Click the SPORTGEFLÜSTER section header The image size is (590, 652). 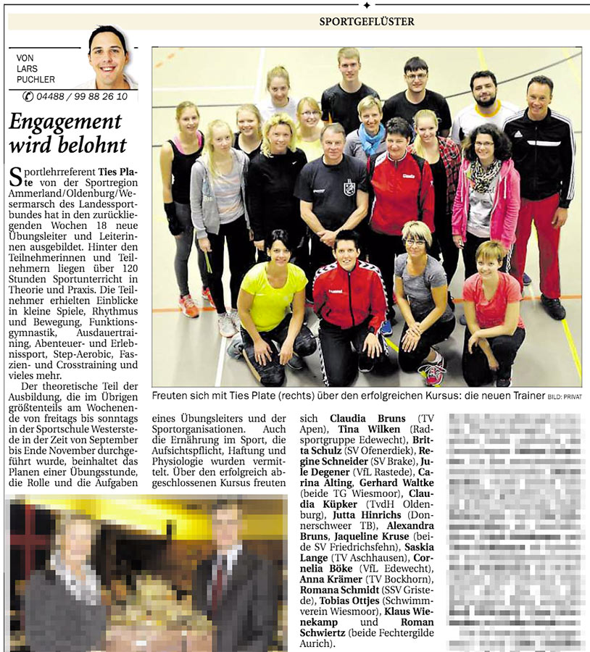click(367, 21)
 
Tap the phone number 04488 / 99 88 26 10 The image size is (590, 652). click(81, 96)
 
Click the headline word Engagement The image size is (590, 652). click(65, 122)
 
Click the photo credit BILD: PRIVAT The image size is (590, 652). click(565, 396)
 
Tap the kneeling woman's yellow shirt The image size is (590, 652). click(273, 297)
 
